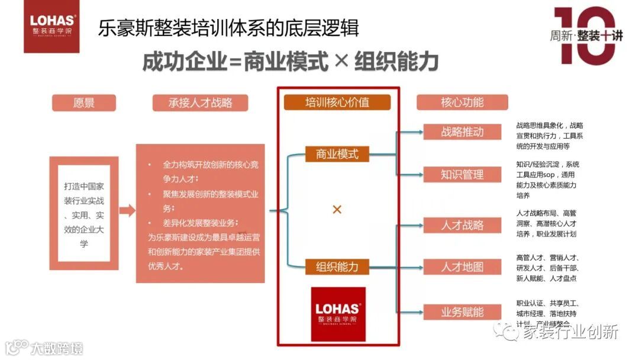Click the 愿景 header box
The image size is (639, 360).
coord(83,102)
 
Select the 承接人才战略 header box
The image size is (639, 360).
coord(192,102)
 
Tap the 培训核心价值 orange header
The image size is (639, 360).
coord(337,102)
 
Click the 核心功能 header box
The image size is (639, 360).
coord(462,102)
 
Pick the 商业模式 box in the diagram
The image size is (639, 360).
coord(337,154)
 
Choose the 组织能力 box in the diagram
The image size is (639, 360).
coord(337,266)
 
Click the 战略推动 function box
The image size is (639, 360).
coord(462,131)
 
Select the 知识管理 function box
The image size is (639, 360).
coord(462,174)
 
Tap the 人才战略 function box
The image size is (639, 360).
coord(462,225)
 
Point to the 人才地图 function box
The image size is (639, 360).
coord(462,267)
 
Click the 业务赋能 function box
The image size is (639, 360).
coord(462,311)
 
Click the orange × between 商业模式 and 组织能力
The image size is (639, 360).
coord(337,210)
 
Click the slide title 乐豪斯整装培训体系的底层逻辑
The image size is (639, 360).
coord(228,28)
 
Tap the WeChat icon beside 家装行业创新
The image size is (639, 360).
coord(508,331)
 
